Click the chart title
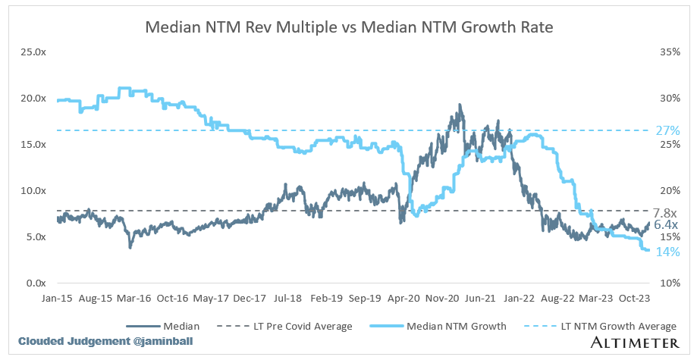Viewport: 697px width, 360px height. [x=349, y=28]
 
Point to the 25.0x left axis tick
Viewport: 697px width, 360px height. [x=33, y=52]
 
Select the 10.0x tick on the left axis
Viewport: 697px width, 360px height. [x=33, y=191]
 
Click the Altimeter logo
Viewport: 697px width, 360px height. [x=633, y=342]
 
